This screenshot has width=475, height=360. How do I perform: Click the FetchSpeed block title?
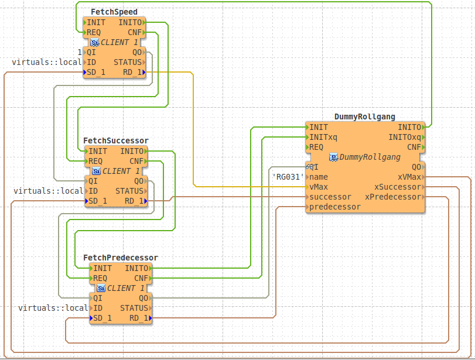[114, 12]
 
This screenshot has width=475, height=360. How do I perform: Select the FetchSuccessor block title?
[115, 140]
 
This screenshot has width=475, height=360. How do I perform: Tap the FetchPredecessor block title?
[120, 258]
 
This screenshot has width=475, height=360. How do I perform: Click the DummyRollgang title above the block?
[364, 117]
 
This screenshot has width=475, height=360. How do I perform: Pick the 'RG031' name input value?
[288, 177]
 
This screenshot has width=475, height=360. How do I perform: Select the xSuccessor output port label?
[397, 187]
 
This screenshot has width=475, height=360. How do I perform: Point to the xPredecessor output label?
[392, 197]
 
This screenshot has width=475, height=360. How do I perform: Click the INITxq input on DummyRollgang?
[323, 137]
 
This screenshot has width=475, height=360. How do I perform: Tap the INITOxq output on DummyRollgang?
[404, 137]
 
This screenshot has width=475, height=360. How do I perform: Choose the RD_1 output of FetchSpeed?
[132, 72]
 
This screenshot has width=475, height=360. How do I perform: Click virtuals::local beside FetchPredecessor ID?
[53, 308]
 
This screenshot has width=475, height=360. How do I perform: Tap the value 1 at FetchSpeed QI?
[80, 52]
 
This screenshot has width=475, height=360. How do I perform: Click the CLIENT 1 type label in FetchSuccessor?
[121, 172]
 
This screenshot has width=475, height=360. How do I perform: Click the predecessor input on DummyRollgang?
[334, 207]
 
